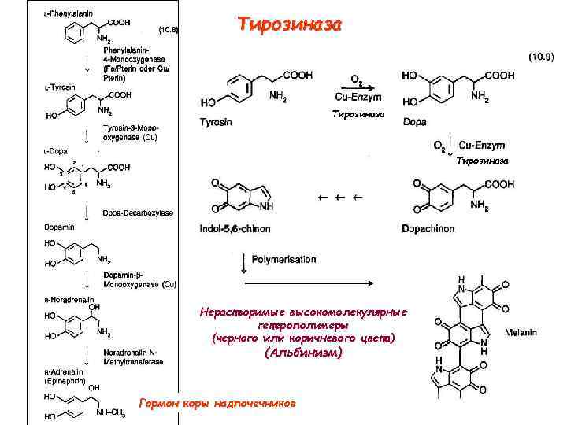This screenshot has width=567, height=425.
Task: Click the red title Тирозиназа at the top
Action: (291, 25)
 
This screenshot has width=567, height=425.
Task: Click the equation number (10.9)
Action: (541, 57)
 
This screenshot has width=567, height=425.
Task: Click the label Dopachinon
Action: (428, 229)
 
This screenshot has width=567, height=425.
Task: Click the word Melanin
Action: (521, 333)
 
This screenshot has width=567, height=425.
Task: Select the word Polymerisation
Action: (284, 259)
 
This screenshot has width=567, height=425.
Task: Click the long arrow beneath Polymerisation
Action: (292, 281)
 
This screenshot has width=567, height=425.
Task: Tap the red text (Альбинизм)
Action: (303, 353)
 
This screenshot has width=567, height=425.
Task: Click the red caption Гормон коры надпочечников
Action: (217, 403)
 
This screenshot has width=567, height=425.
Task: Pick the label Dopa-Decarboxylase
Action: (139, 213)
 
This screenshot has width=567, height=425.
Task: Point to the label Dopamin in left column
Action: (57, 227)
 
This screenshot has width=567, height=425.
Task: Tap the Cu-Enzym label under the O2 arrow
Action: (358, 97)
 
